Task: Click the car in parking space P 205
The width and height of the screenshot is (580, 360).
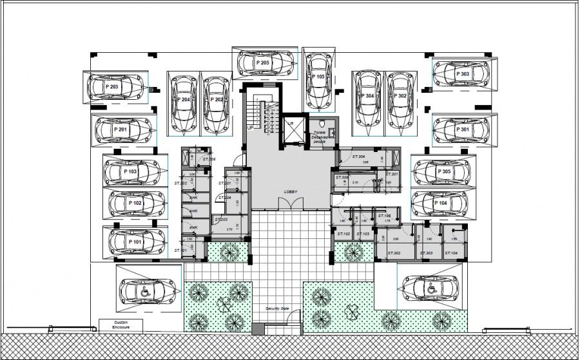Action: (265, 63)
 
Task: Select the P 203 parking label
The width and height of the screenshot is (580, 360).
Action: (111, 86)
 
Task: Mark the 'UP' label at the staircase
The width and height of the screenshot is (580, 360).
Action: (249, 128)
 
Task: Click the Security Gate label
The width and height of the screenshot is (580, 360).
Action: (281, 309)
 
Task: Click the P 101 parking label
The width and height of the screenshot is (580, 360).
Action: (135, 242)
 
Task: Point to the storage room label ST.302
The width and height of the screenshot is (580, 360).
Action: (393, 254)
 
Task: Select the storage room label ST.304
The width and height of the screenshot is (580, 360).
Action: (359, 156)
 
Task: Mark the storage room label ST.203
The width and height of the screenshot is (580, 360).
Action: (221, 220)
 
